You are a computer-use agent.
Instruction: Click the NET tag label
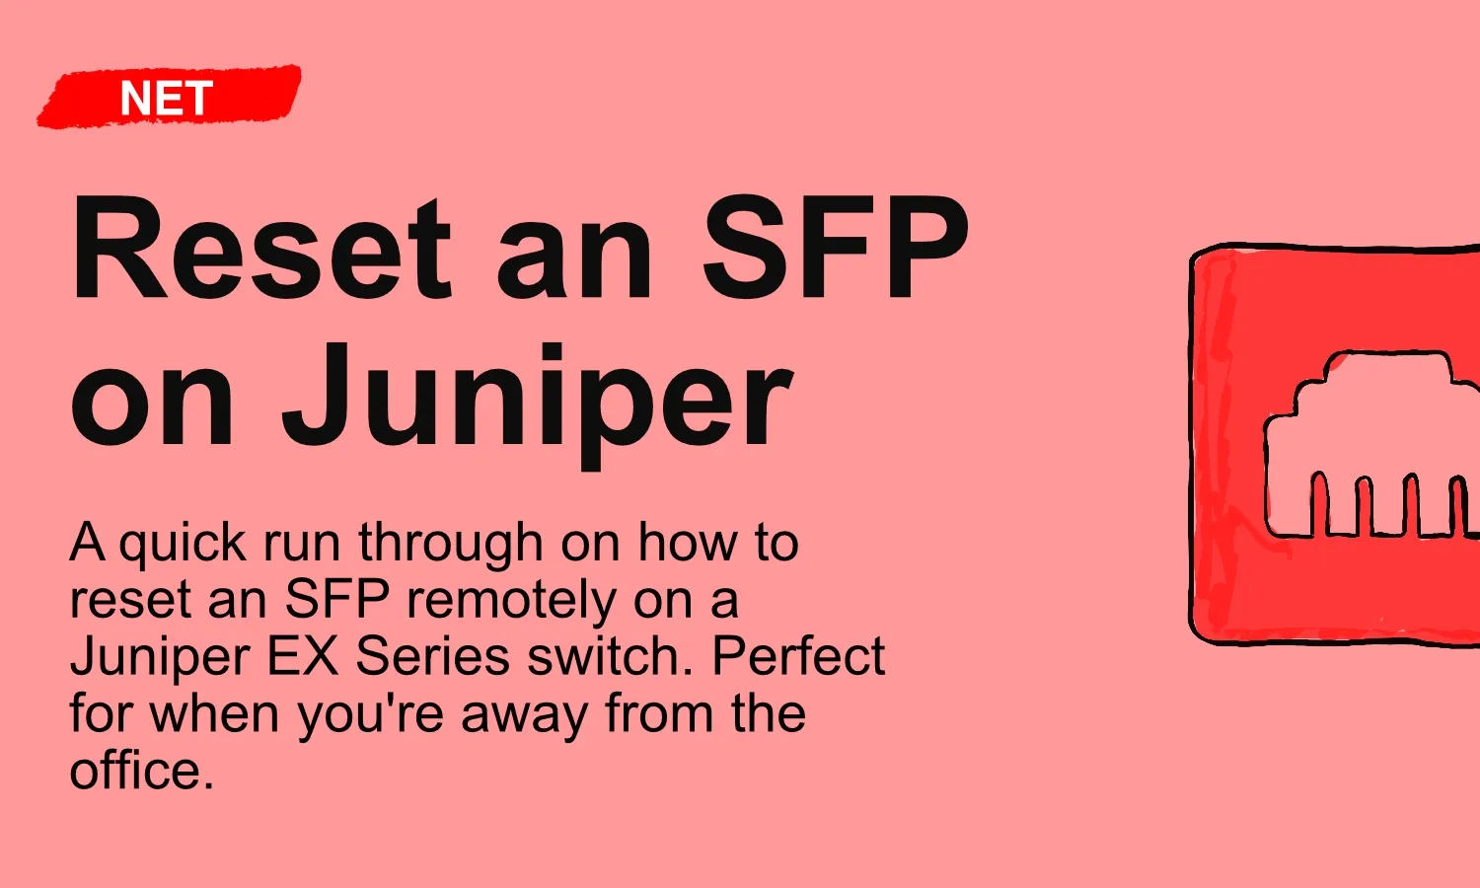(x=166, y=99)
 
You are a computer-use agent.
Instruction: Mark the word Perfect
(x=799, y=656)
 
